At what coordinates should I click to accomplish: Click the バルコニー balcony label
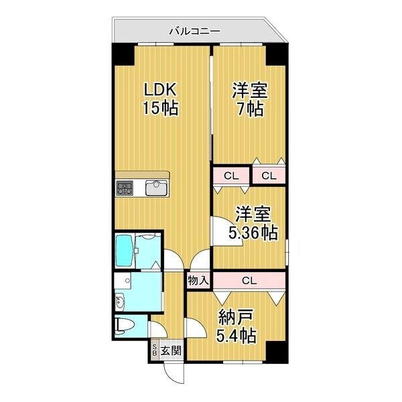[194, 30]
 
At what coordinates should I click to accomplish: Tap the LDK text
[160, 89]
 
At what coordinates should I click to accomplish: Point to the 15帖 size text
[160, 108]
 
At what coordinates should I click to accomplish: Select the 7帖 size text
[249, 109]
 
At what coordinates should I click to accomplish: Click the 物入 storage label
[199, 279]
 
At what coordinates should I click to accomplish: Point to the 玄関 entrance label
[171, 350]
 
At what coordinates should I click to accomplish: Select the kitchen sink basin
[157, 187]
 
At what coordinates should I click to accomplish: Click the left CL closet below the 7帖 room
[230, 176]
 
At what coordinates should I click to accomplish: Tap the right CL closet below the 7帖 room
[268, 176]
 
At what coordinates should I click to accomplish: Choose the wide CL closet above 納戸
[248, 280]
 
